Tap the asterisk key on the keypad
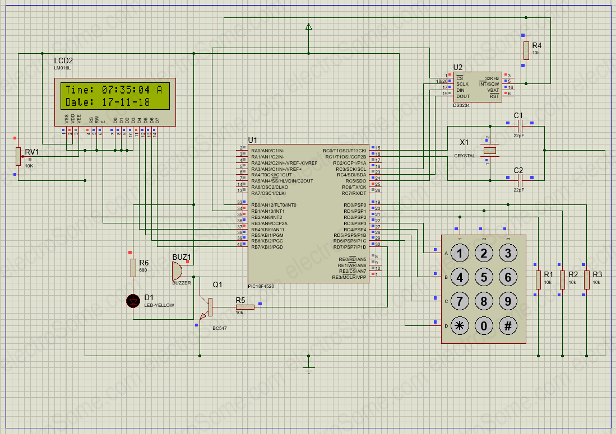click(460, 326)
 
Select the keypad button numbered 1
click(460, 253)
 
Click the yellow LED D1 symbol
click(133, 301)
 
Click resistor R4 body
click(526, 50)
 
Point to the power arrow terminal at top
click(308, 26)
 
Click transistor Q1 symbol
click(208, 307)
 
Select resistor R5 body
click(245, 307)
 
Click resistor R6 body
click(133, 268)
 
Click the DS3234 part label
click(461, 105)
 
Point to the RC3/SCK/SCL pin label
click(351, 169)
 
